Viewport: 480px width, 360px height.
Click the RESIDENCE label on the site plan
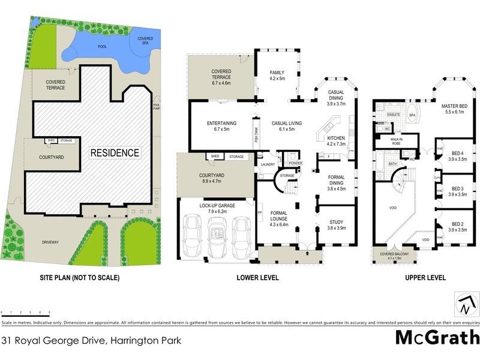tap(115, 152)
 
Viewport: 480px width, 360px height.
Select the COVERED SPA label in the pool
tap(145, 41)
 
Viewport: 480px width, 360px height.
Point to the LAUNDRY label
tap(267, 163)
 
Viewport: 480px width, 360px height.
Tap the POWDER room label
tap(294, 163)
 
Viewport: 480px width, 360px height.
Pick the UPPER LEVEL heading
tap(424, 278)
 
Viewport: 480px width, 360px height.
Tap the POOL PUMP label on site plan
tap(157, 106)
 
